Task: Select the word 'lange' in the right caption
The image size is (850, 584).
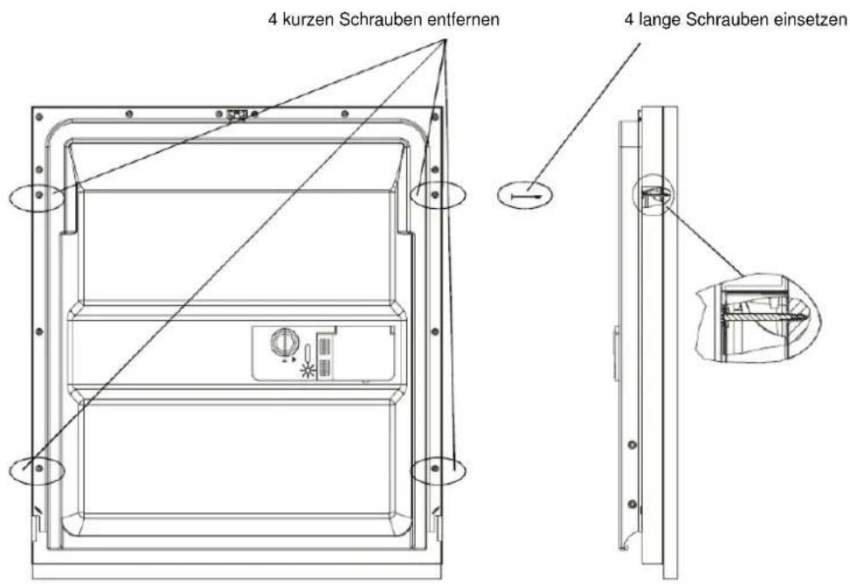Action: click(x=660, y=20)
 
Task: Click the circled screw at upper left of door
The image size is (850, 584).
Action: click(x=39, y=194)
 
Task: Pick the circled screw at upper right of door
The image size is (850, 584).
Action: click(x=435, y=194)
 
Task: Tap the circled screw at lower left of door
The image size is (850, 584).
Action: click(x=39, y=468)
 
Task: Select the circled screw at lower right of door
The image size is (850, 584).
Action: click(x=435, y=468)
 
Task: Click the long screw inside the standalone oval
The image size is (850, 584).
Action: click(x=527, y=197)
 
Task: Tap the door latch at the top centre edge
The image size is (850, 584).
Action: click(x=238, y=115)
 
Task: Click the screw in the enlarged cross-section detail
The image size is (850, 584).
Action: click(x=764, y=315)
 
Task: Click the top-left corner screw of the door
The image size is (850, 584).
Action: click(x=39, y=116)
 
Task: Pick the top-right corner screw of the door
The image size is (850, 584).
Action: click(x=435, y=116)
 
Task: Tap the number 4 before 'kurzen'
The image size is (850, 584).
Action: click(x=273, y=20)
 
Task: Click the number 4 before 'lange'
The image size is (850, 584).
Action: click(x=629, y=20)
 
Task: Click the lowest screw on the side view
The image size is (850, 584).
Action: click(x=632, y=504)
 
